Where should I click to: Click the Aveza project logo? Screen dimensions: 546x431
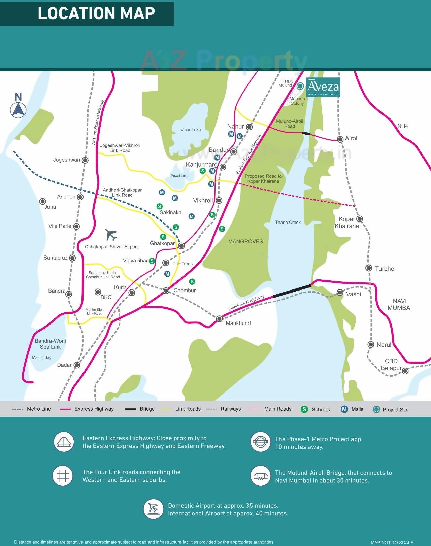(323, 87)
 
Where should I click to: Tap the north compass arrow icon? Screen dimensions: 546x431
(18, 110)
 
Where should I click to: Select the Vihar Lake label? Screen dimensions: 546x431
(191, 130)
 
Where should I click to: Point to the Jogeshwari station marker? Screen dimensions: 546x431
(85, 160)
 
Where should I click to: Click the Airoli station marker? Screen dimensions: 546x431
(340, 139)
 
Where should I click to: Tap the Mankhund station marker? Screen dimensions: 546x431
(219, 318)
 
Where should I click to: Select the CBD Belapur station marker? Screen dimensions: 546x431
(405, 371)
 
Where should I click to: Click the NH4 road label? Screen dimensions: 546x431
(403, 126)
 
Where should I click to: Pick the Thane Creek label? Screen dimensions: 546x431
(288, 223)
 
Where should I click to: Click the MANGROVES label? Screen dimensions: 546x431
(245, 242)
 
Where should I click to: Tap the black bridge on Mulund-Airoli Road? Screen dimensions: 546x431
(306, 133)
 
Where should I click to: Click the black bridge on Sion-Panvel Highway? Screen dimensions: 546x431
(292, 291)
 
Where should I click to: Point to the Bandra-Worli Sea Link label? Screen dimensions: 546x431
(50, 344)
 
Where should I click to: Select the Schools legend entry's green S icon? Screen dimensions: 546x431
(304, 409)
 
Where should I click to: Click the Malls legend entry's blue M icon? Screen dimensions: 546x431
(344, 409)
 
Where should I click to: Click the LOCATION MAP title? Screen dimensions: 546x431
(96, 13)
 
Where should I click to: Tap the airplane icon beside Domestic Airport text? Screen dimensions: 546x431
(153, 509)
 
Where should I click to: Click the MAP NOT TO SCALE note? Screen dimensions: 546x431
(392, 542)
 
